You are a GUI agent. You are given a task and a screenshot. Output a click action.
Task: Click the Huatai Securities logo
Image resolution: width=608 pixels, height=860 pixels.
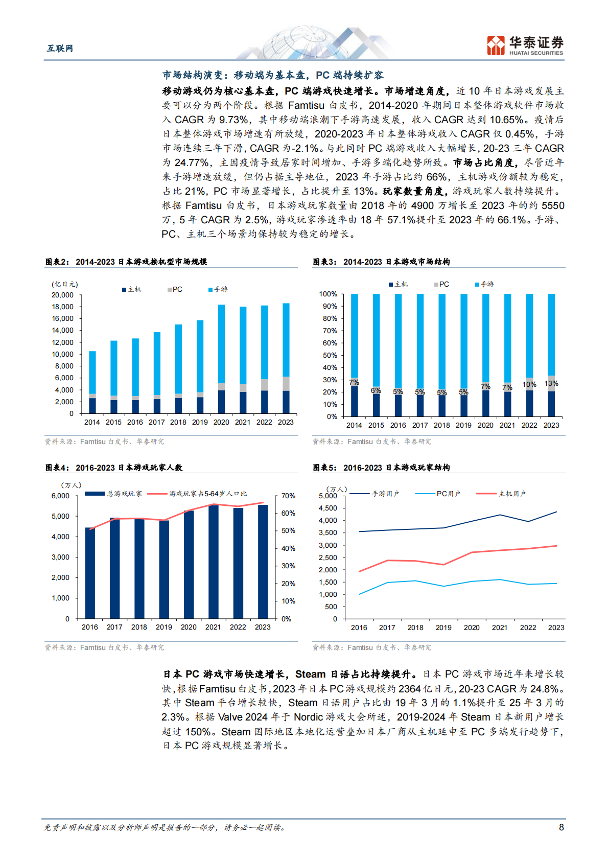pyautogui.click(x=525, y=45)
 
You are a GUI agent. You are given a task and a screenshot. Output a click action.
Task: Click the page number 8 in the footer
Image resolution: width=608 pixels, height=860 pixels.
pyautogui.click(x=562, y=827)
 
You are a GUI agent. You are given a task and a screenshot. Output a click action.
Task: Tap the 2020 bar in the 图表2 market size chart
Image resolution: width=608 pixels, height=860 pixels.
pyautogui.click(x=221, y=358)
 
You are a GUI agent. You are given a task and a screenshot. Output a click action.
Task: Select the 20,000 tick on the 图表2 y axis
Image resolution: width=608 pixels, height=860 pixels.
pyautogui.click(x=62, y=295)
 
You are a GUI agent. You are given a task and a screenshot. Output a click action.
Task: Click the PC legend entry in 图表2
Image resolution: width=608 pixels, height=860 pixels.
pyautogui.click(x=175, y=289)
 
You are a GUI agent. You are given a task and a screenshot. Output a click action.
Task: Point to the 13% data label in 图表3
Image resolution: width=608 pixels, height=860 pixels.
pyautogui.click(x=551, y=383)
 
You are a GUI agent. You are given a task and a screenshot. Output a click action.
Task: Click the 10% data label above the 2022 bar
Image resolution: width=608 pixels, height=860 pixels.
pyautogui.click(x=529, y=384)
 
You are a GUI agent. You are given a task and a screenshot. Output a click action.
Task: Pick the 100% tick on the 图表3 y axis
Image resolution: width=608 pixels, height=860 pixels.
pyautogui.click(x=328, y=294)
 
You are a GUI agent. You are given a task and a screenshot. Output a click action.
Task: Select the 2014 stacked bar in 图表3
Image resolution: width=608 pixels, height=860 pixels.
pyautogui.click(x=354, y=355)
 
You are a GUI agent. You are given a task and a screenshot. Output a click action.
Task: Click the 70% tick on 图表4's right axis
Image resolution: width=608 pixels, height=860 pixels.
pyautogui.click(x=288, y=496)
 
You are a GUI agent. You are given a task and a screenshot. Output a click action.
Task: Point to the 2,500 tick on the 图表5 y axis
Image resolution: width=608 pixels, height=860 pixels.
pyautogui.click(x=328, y=557)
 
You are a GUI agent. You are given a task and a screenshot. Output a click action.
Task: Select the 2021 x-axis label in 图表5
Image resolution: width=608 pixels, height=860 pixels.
pyautogui.click(x=500, y=627)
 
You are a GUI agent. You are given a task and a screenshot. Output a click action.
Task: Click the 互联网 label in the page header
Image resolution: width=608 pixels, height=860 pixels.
pyautogui.click(x=60, y=48)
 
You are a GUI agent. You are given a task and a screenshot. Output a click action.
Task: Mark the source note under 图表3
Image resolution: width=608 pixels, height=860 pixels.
pyautogui.click(x=372, y=441)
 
